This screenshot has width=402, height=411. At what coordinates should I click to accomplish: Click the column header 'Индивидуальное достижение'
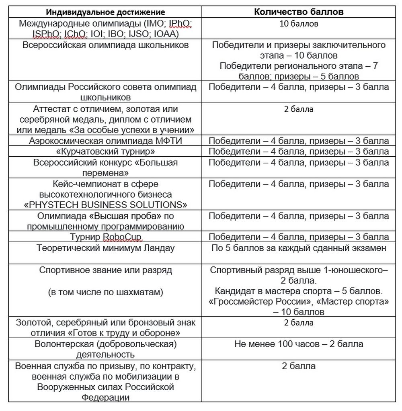tap(106, 12)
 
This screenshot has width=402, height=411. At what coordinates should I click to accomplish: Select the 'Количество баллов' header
tap(299, 12)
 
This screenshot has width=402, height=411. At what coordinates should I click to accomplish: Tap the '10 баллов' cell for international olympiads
tap(299, 24)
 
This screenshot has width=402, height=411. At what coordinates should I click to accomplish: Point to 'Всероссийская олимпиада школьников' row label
tap(106, 45)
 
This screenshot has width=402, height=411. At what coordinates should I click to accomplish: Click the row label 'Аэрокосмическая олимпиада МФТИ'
tap(106, 141)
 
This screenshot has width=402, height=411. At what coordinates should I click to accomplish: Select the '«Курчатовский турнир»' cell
tap(106, 151)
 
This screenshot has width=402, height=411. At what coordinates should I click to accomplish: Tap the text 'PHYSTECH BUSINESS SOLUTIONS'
tap(106, 205)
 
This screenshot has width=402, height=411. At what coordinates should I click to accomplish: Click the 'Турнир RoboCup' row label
tap(106, 237)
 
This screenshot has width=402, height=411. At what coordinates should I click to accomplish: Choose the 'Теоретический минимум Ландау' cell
tap(106, 248)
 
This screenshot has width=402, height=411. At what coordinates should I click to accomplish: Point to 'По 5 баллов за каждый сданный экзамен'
tap(299, 248)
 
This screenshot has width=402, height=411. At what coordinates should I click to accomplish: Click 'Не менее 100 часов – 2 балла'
tap(299, 344)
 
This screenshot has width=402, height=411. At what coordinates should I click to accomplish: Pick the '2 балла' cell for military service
tap(299, 366)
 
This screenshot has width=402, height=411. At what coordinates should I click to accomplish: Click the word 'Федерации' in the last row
tap(106, 398)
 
